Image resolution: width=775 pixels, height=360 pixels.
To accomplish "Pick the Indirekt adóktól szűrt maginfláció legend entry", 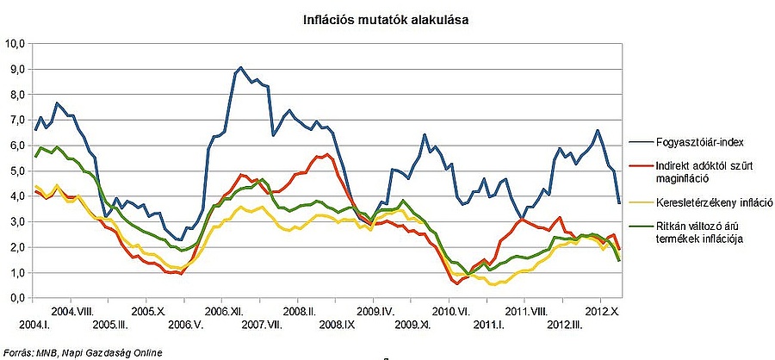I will (698, 171).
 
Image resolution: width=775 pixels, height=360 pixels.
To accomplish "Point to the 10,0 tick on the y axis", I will (15, 43).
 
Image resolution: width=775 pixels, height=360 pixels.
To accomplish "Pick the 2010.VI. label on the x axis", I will (449, 311).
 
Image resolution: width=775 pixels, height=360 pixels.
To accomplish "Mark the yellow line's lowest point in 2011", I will (493, 283).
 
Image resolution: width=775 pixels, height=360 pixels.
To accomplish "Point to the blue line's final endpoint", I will (619, 203).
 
